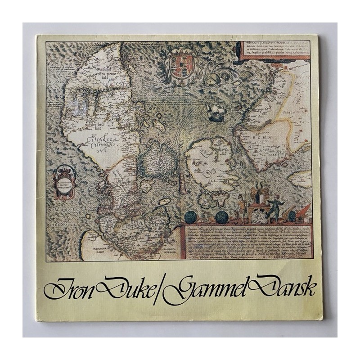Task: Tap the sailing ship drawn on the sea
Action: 216,109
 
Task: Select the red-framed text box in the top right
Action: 274,50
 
